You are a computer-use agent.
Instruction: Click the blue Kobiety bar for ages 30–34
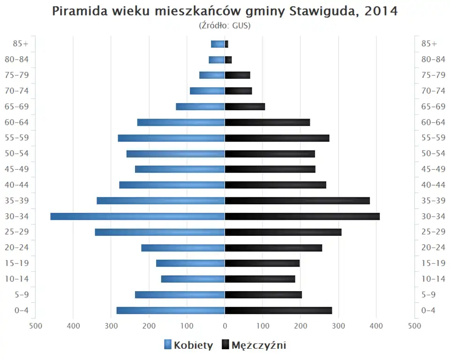(137, 217)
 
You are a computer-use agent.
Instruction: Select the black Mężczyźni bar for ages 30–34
(302, 217)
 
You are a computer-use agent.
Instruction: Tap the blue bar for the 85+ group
(217, 44)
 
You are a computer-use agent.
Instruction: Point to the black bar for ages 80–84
(228, 60)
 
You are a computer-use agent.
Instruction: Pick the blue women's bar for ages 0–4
(171, 310)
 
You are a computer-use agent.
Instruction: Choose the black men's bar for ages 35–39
(297, 201)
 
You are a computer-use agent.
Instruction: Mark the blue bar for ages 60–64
(181, 122)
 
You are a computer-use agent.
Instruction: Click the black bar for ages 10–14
(260, 279)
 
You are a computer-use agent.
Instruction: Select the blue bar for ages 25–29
(160, 232)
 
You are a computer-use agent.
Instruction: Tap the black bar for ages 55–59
(277, 138)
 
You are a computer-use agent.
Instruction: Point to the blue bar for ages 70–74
(207, 91)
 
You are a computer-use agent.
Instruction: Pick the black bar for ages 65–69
(245, 107)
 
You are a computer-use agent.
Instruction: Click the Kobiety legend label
(193, 345)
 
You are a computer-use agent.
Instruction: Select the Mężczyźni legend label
(259, 345)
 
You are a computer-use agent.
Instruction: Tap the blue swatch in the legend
(168, 345)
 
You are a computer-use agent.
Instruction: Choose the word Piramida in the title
(78, 11)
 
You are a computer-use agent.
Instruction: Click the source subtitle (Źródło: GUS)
(225, 25)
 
